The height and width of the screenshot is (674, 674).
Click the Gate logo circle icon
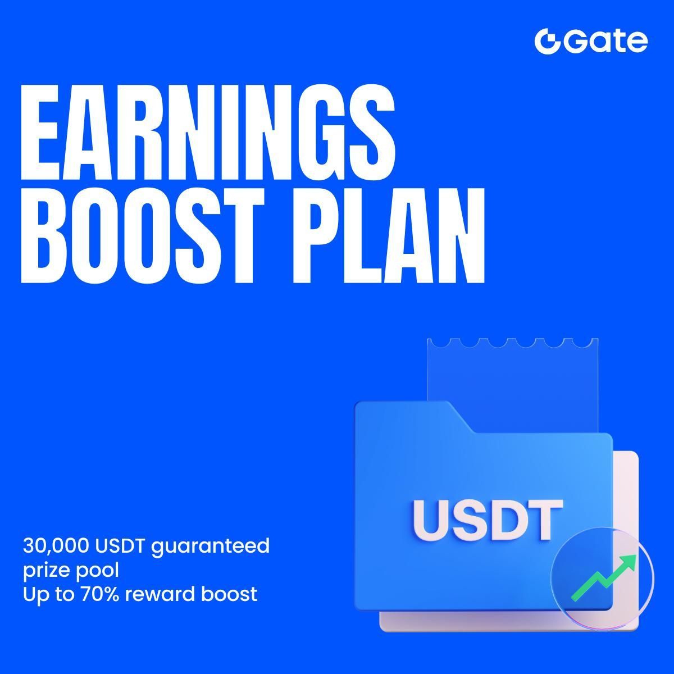pos(547,41)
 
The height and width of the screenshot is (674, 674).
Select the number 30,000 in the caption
pos(56,545)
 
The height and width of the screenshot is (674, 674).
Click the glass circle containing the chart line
pos(603,579)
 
